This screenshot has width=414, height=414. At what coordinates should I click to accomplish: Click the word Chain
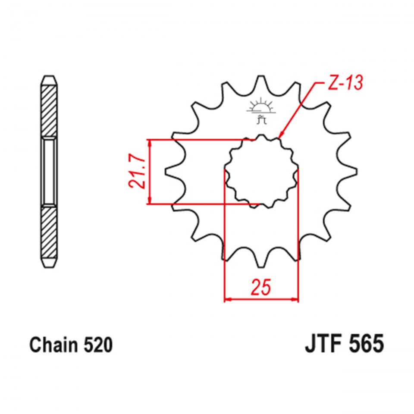[52, 345]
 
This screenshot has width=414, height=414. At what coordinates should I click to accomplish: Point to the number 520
[97, 345]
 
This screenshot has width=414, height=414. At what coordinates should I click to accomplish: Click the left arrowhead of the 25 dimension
[228, 298]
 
